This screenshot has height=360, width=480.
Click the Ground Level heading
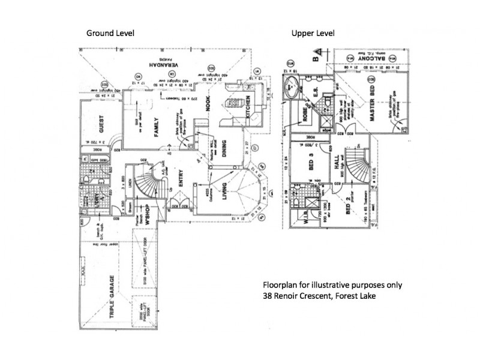point(110,33)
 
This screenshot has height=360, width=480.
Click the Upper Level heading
point(313,33)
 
